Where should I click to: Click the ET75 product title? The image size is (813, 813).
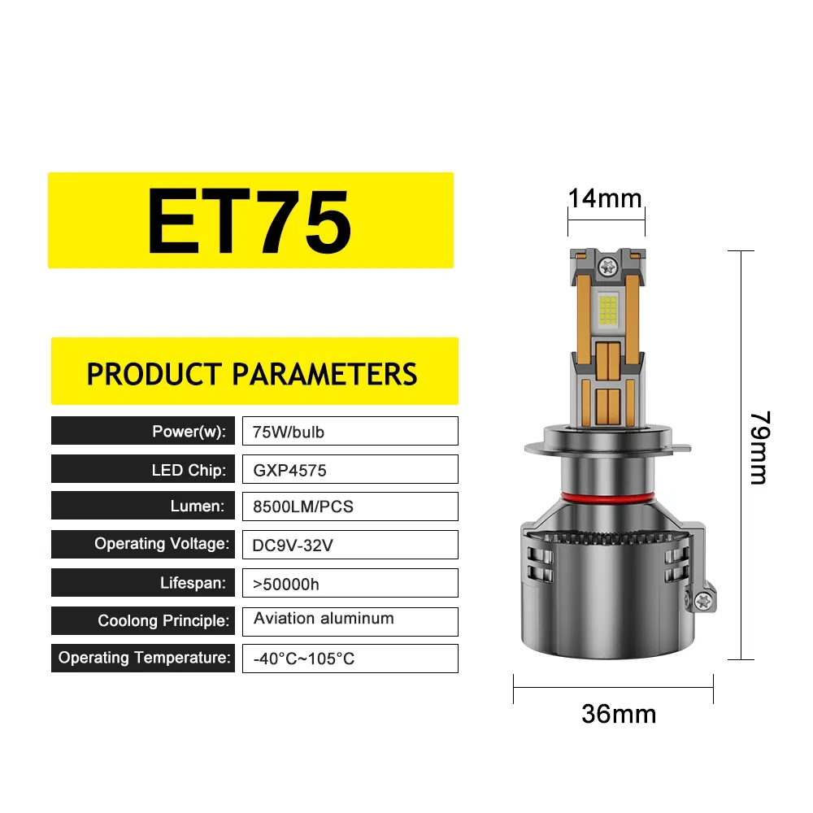coord(250,221)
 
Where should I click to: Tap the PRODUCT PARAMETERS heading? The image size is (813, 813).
coord(252,374)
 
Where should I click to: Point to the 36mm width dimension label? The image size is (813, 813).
coord(619,714)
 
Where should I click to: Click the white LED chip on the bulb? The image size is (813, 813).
coord(606,309)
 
